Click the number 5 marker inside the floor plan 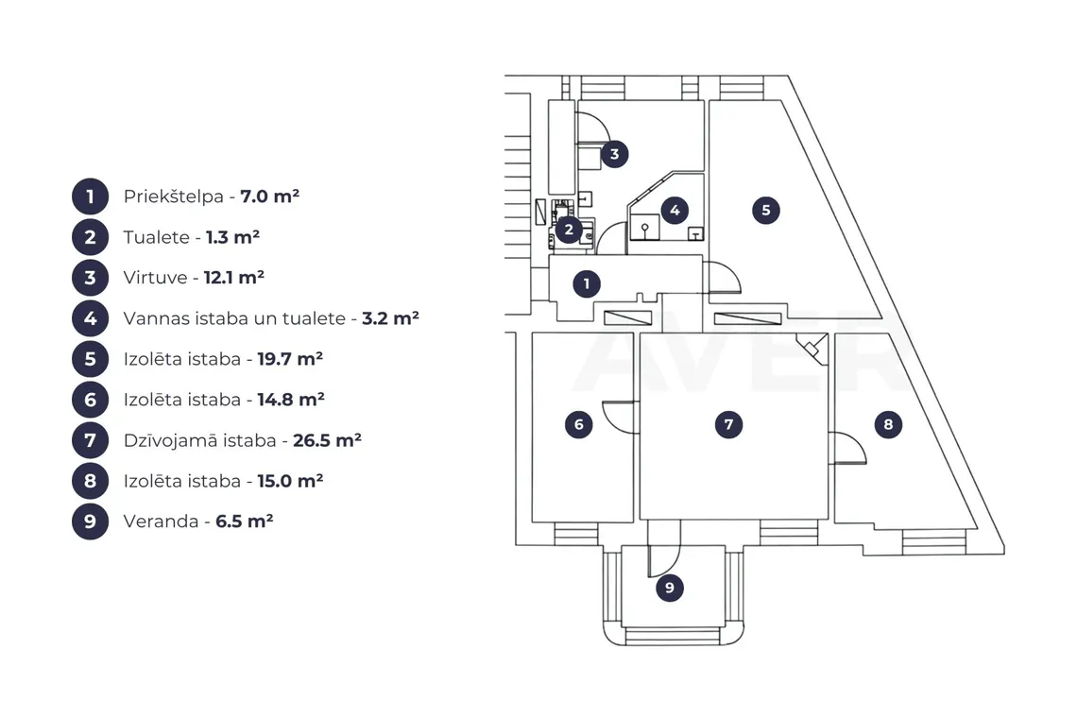pyautogui.click(x=766, y=211)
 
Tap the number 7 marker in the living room pyautogui.click(x=728, y=424)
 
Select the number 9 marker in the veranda pyautogui.click(x=670, y=588)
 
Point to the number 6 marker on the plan pyautogui.click(x=578, y=424)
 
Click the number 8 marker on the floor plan pyautogui.click(x=888, y=424)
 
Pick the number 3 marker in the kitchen pyautogui.click(x=615, y=154)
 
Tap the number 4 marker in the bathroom pyautogui.click(x=675, y=211)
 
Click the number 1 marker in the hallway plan pyautogui.click(x=586, y=283)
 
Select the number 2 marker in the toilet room pyautogui.click(x=568, y=230)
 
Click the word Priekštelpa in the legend pyautogui.click(x=174, y=197)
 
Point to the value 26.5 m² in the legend pyautogui.click(x=327, y=439)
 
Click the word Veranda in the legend pyautogui.click(x=162, y=521)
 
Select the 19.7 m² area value pyautogui.click(x=290, y=359)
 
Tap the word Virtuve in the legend pyautogui.click(x=155, y=278)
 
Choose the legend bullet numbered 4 pyautogui.click(x=90, y=318)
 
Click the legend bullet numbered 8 pyautogui.click(x=90, y=480)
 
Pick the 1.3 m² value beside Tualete pyautogui.click(x=232, y=237)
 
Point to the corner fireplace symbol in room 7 pyautogui.click(x=813, y=349)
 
